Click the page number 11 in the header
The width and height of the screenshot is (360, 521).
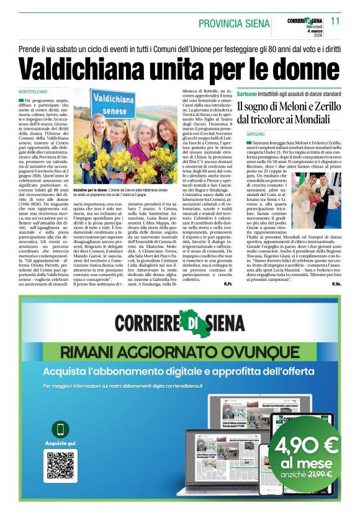pyautogui.click(x=335, y=20)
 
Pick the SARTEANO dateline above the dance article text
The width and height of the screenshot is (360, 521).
pyautogui.click(x=259, y=134)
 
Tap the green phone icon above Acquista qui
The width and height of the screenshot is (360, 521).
pyautogui.click(x=60, y=430)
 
